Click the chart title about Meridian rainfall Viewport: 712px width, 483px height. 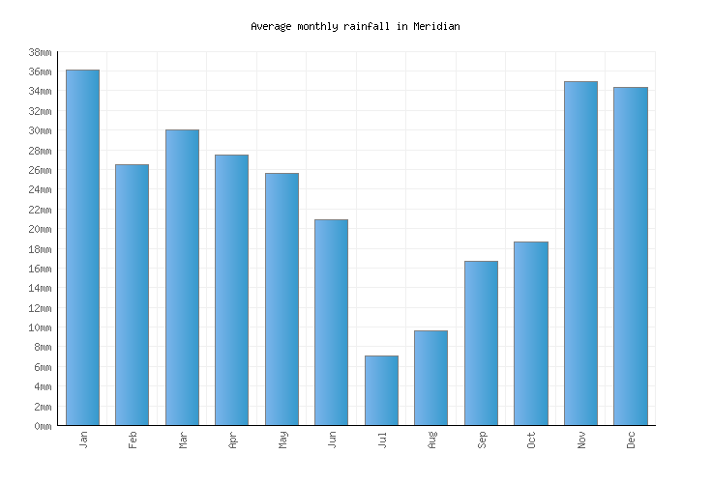355,26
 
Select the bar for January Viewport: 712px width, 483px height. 82,247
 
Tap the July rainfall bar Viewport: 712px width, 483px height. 381,390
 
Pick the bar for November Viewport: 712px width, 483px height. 580,253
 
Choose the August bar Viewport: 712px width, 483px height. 430,378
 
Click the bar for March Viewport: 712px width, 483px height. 182,277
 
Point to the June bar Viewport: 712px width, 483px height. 331,322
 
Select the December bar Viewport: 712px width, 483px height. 630,256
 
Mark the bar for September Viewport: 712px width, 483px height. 481,343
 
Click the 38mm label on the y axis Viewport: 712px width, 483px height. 40,52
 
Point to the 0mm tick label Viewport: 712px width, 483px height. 43,426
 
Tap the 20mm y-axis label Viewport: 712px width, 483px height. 40,229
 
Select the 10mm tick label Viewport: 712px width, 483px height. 40,327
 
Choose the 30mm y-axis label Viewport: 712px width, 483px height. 40,130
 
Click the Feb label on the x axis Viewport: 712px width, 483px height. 133,440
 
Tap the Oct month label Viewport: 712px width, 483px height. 531,440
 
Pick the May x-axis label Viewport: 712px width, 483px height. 282,440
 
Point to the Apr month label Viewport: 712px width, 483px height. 233,440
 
